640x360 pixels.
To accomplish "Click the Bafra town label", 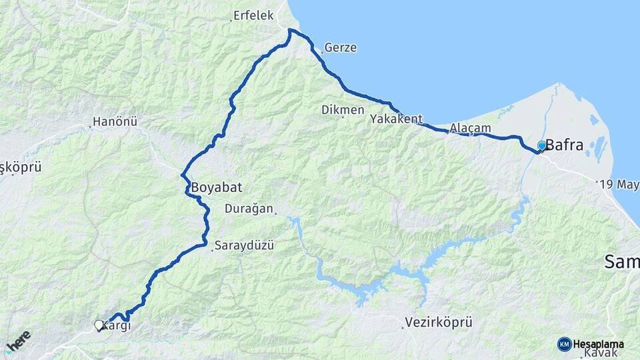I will click(x=564, y=145).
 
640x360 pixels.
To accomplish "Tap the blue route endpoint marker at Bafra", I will click(x=541, y=145).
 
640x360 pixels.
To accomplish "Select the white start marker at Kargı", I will click(x=99, y=325).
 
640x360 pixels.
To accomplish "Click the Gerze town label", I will click(x=341, y=48).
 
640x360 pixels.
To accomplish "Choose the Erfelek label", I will click(x=253, y=16).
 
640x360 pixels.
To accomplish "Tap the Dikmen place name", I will click(x=343, y=109).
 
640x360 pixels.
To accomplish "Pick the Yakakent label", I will click(x=397, y=119).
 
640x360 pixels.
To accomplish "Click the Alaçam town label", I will click(x=471, y=127).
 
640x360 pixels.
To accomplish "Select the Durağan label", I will click(x=249, y=209).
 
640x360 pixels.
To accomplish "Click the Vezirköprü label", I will click(x=439, y=323).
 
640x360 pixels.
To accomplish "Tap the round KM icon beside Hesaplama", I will click(x=564, y=344).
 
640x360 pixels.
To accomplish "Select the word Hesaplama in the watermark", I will click(x=599, y=345).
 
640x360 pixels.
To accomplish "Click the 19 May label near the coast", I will click(x=619, y=184).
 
